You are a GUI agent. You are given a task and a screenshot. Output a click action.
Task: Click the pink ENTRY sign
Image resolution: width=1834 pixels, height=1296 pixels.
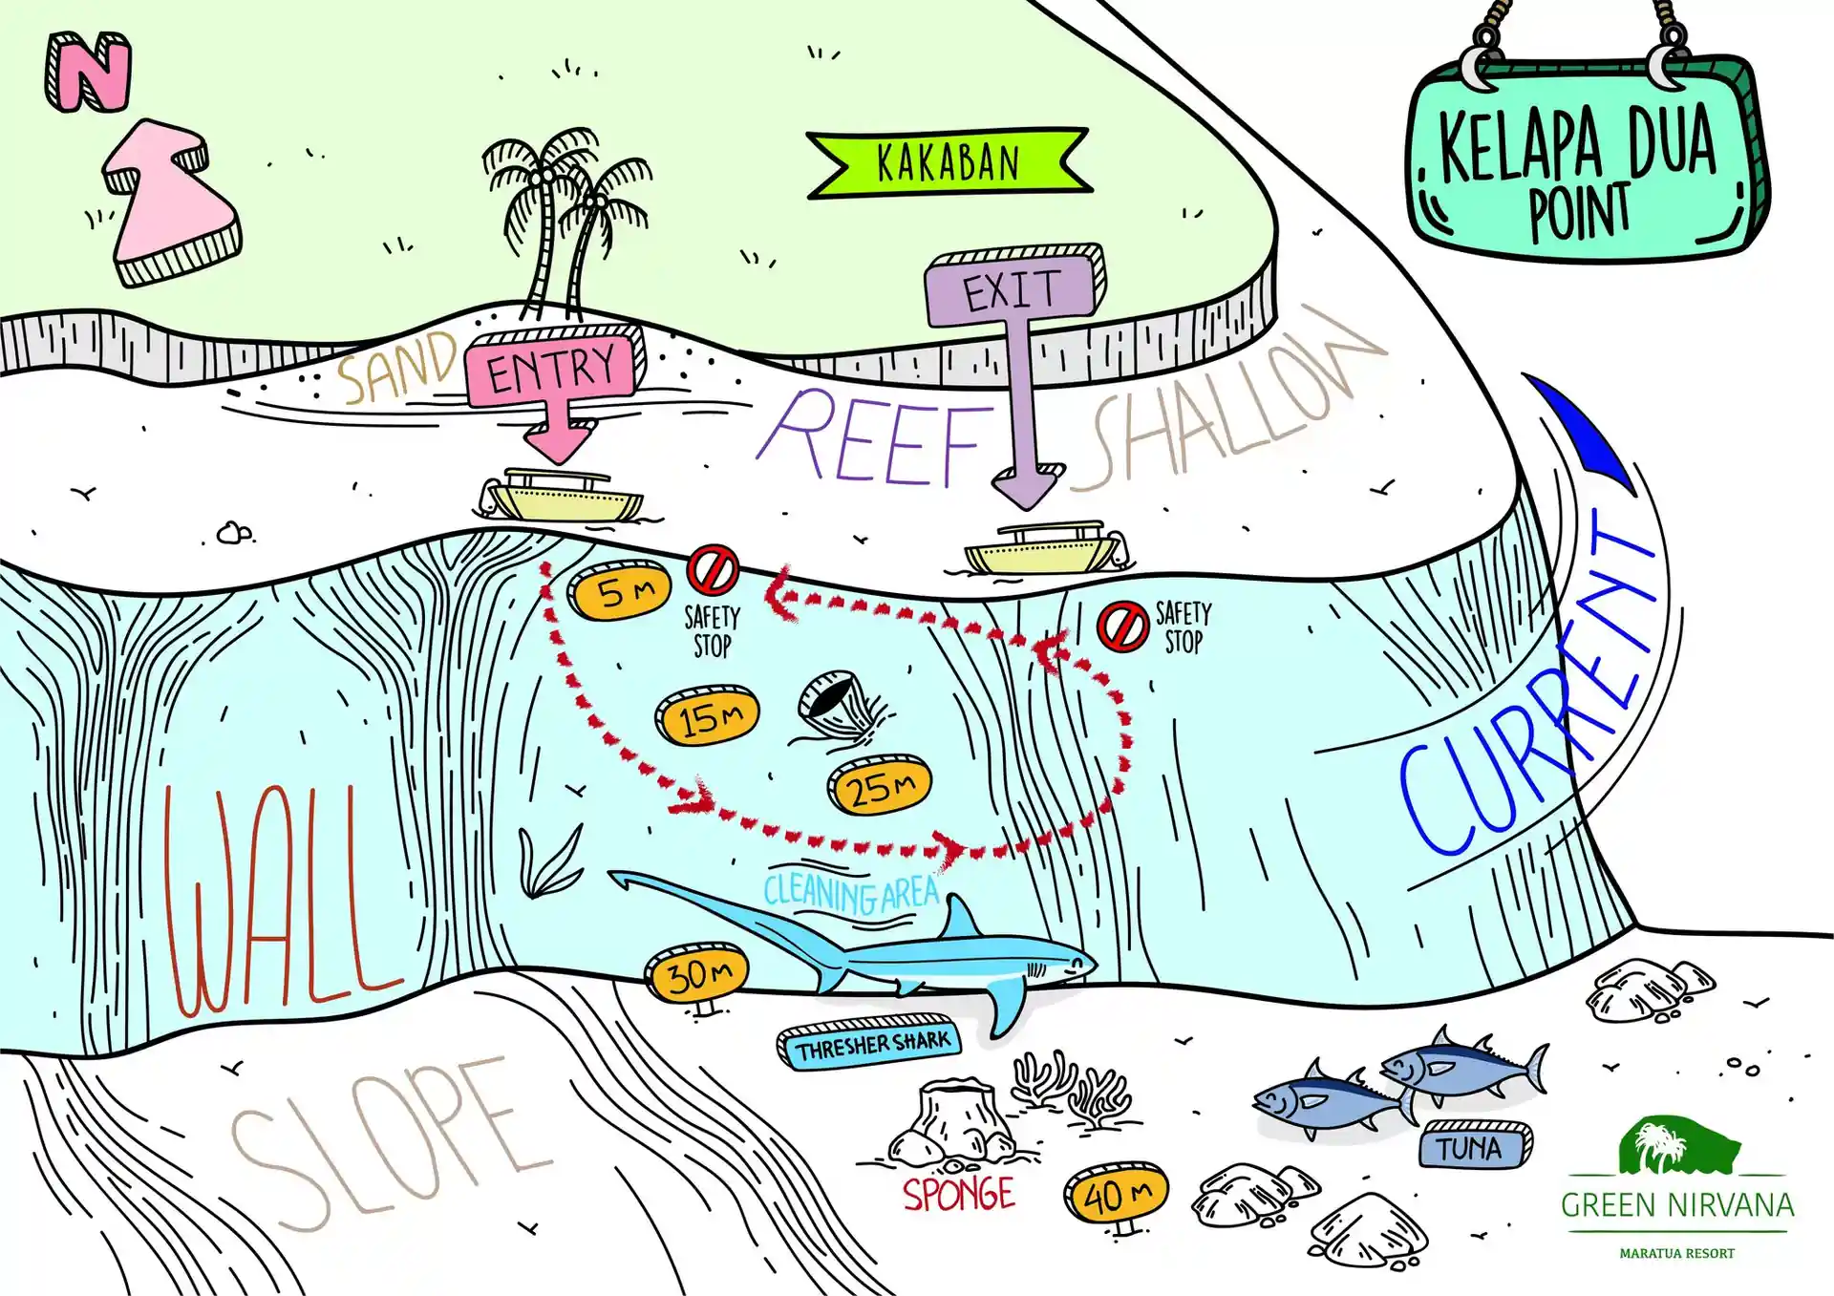point(552,369)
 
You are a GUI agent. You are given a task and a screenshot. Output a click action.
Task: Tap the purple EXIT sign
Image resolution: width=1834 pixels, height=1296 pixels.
point(1012,287)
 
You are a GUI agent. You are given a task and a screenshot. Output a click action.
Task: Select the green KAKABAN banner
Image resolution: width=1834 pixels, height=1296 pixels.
point(948,163)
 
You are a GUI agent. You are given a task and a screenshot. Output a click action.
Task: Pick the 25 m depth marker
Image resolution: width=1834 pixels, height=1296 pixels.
point(879,788)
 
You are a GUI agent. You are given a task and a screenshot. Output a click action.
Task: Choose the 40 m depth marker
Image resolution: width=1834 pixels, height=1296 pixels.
point(1116,1194)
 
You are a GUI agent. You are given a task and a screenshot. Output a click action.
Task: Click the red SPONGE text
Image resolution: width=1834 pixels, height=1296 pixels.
point(958,1195)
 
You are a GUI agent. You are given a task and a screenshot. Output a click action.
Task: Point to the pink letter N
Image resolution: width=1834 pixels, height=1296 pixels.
point(89,73)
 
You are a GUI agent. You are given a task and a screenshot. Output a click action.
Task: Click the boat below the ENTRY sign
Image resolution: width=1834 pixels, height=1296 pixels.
point(560,496)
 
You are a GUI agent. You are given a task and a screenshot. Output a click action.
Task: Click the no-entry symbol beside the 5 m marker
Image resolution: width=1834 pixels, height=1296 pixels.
point(713,570)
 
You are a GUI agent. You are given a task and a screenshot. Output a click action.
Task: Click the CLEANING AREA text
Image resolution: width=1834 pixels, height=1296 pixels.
point(850,894)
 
